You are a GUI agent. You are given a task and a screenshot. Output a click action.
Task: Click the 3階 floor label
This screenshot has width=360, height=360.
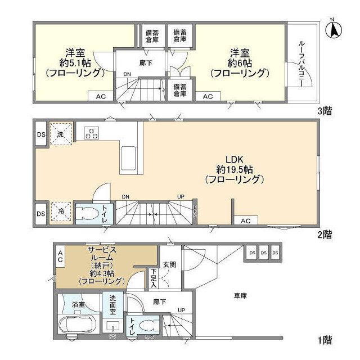click(x=325, y=111)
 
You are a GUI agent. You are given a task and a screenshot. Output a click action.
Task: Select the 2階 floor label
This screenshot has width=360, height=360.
click(x=325, y=235)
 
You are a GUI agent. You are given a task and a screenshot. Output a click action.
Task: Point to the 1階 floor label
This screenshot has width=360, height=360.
click(x=325, y=340)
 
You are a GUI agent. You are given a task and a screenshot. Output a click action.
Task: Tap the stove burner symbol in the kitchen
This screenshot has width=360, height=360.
click(x=91, y=133)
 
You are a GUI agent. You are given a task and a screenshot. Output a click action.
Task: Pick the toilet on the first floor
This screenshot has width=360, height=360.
click(x=147, y=326)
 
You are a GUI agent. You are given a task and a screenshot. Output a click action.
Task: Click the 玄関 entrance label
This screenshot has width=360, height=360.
click(x=169, y=264)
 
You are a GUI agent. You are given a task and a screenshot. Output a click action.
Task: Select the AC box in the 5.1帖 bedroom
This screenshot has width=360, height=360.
click(x=100, y=96)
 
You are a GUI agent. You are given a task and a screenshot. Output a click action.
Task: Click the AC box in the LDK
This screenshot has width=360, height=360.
click(x=245, y=220)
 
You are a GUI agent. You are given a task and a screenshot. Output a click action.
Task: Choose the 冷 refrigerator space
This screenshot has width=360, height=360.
click(x=60, y=211)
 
